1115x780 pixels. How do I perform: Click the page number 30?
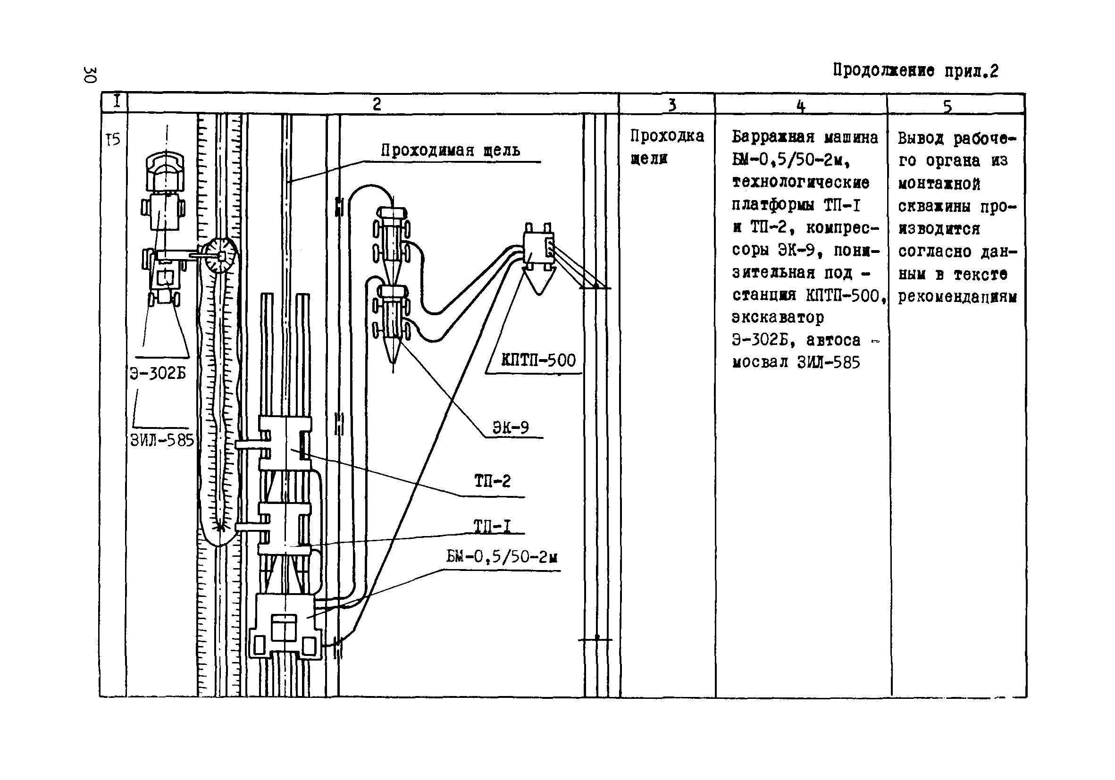coord(90,75)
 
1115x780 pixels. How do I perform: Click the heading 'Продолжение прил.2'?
coord(915,71)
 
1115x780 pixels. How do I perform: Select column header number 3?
coord(671,104)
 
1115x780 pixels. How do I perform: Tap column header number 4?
coord(801,105)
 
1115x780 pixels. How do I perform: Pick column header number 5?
coord(947,106)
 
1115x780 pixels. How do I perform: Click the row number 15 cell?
coord(113,140)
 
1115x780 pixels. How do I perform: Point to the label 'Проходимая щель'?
coord(450,151)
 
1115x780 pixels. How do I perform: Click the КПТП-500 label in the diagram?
coord(538,361)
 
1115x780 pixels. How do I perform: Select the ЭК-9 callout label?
coord(511,428)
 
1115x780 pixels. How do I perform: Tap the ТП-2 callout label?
coord(493,481)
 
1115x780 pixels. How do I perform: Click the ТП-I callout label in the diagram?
coord(493,526)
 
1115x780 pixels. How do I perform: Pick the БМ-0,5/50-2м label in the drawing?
coord(502,557)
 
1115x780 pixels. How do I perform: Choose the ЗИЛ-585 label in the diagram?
coord(162,441)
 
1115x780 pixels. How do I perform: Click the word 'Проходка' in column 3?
coord(667,136)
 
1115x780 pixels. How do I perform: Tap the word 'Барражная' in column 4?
coord(773,138)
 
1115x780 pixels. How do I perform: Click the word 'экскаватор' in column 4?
coord(778,318)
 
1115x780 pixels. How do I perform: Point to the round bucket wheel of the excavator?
coord(219,255)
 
